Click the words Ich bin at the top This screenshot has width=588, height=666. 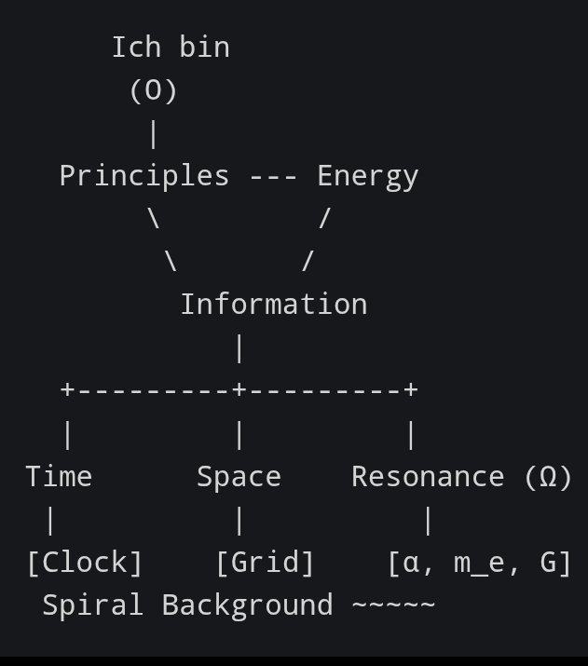tap(171, 48)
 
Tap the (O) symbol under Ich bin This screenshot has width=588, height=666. tap(154, 91)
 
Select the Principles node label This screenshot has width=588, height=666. tap(144, 176)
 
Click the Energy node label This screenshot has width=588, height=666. tap(367, 176)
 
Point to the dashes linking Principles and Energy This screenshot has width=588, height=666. tap(273, 176)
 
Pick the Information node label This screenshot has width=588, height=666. tap(273, 305)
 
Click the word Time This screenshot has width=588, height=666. tap(59, 477)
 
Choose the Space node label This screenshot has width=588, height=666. tap(239, 477)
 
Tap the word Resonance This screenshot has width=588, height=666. tap(428, 477)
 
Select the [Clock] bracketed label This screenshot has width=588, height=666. tap(85, 563)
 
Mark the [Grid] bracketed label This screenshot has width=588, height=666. tap(265, 563)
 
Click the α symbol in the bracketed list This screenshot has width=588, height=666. tap(411, 564)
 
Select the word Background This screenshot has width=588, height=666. tap(247, 605)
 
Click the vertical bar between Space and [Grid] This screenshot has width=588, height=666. tap(239, 520)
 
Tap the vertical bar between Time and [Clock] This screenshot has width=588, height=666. tap(50, 520)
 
